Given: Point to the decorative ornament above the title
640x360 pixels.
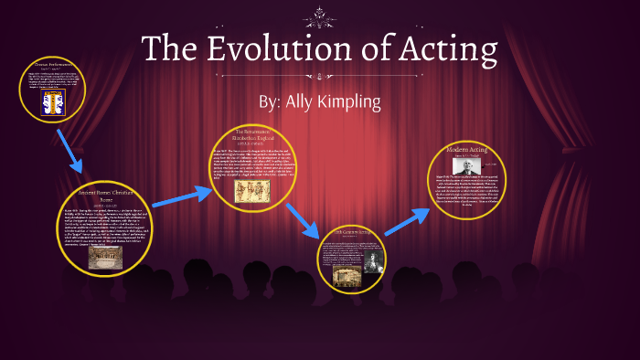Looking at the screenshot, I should click(x=319, y=14).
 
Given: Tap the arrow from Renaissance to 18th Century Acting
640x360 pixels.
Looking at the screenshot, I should click(x=300, y=219).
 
